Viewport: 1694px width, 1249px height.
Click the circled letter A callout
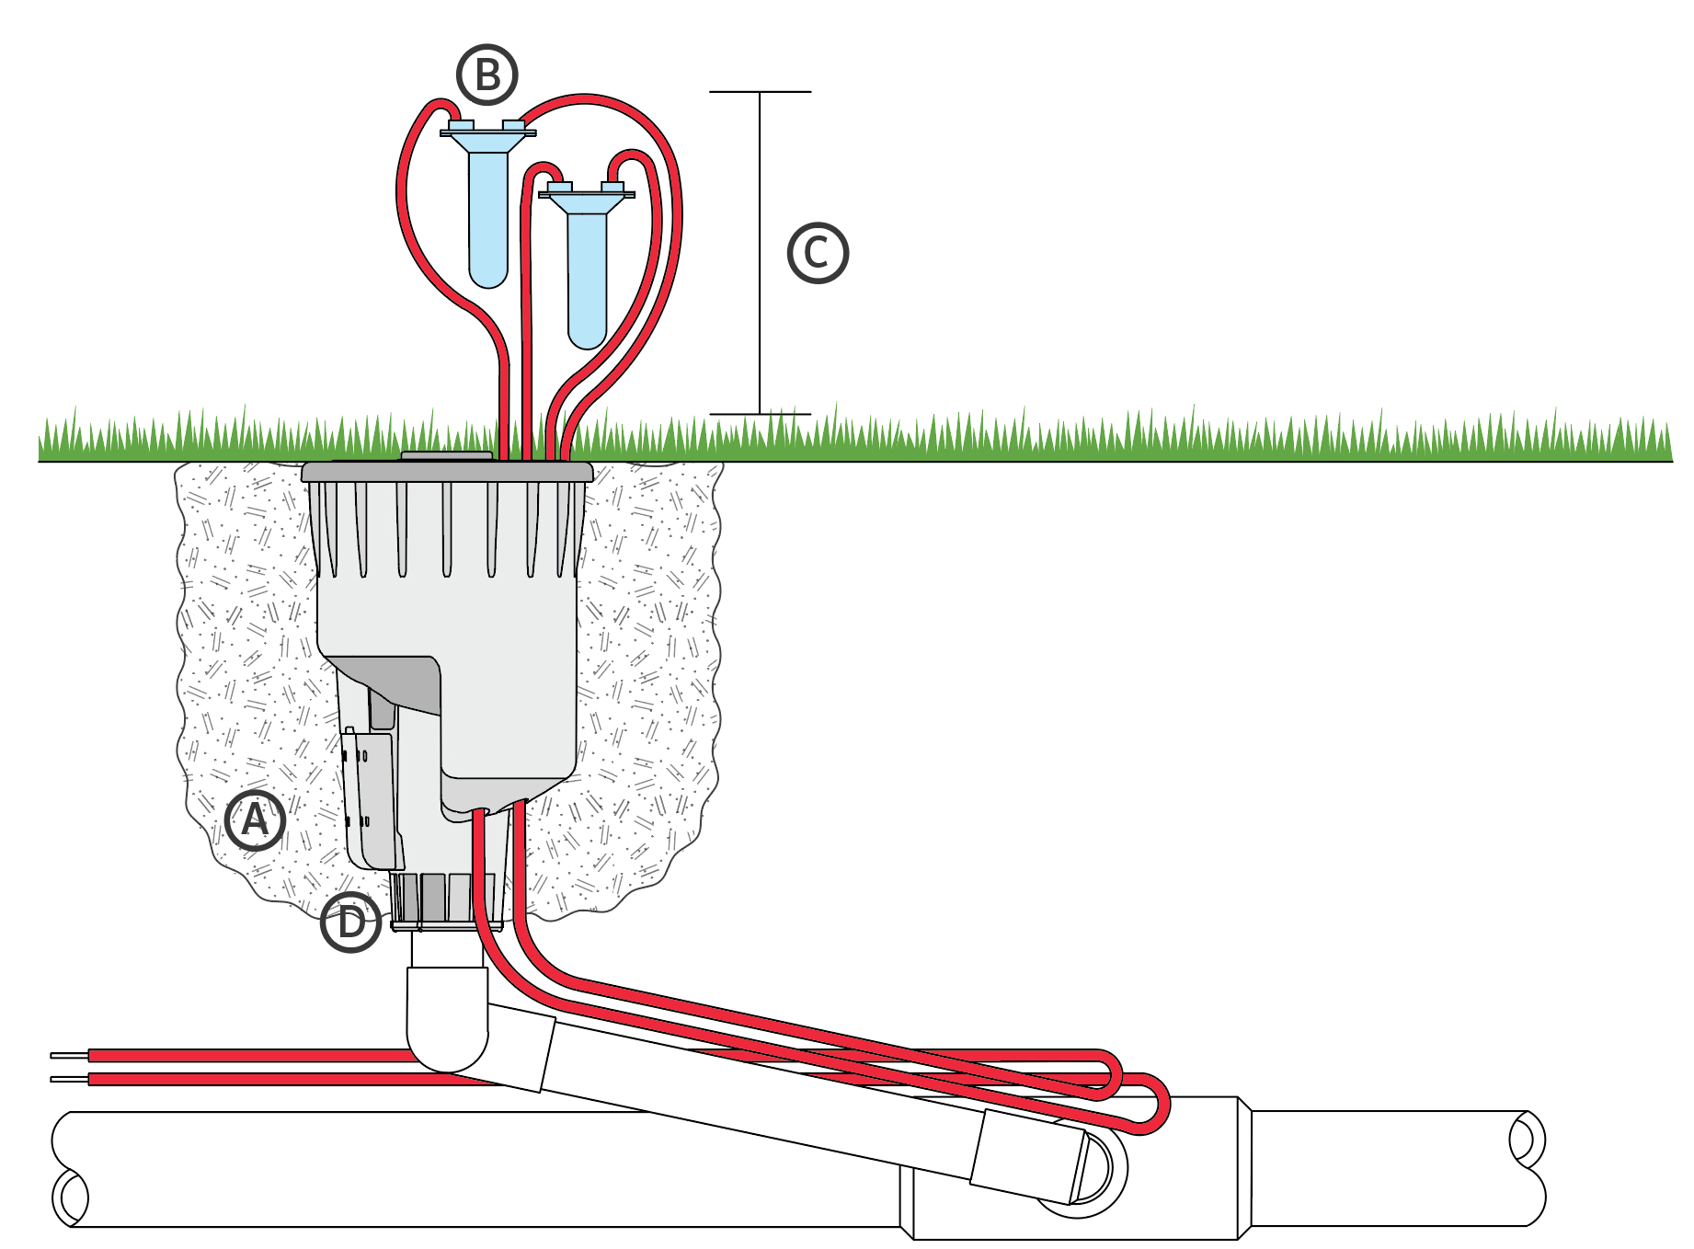pyautogui.click(x=255, y=819)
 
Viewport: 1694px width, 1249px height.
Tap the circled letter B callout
pyautogui.click(x=487, y=74)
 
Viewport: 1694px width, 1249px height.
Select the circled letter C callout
pyautogui.click(x=818, y=253)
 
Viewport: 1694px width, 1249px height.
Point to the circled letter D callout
pyautogui.click(x=351, y=921)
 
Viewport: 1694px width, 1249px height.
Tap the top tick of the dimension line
pyautogui.click(x=760, y=92)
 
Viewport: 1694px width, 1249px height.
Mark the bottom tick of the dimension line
pyautogui.click(x=760, y=414)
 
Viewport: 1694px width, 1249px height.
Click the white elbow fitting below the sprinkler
pyautogui.click(x=447, y=1021)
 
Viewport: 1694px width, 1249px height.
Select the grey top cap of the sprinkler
pyautogui.click(x=447, y=472)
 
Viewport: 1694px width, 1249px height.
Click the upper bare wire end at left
pyautogui.click(x=69, y=1055)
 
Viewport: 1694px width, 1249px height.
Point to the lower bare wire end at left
pyautogui.click(x=69, y=1079)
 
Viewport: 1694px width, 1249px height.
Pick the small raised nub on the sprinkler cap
pyautogui.click(x=447, y=454)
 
